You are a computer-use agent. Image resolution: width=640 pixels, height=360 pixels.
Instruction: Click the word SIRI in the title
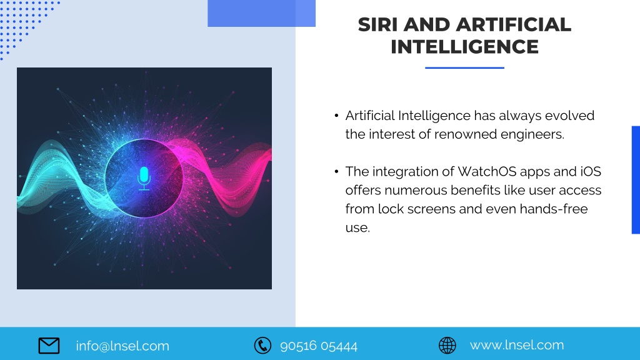(377, 24)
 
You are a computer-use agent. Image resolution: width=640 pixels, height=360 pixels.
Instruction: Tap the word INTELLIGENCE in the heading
(464, 46)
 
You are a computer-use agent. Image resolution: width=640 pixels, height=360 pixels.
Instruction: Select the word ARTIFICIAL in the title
(514, 24)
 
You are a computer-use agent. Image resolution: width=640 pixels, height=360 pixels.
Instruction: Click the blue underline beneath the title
(464, 67)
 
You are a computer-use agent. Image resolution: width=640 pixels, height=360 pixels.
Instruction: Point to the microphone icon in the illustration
(144, 178)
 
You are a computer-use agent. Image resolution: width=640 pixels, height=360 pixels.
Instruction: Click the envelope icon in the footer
(49, 346)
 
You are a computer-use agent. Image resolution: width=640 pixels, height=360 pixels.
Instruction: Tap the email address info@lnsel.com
(122, 346)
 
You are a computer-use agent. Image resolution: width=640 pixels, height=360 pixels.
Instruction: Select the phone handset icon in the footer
(262, 345)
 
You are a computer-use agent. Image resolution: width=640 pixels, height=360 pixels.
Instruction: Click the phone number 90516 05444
(319, 346)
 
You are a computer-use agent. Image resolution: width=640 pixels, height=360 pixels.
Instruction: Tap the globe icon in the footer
(447, 345)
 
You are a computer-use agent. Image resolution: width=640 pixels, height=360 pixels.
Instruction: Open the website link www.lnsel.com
(517, 345)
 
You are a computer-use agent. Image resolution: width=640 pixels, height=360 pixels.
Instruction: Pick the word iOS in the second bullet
(591, 171)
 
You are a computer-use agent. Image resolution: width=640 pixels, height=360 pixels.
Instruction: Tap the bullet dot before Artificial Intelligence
(336, 116)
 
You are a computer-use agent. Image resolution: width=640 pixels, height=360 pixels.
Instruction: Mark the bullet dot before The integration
(336, 171)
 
